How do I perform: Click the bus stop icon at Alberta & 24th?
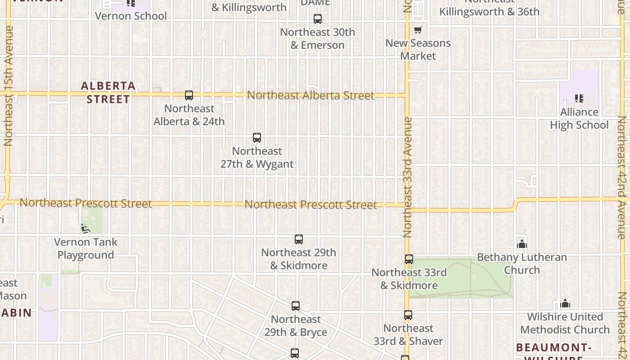pos(189,95)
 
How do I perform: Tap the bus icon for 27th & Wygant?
pos(257,138)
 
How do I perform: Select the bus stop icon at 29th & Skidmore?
pos(299,239)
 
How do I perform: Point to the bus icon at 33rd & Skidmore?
pos(409,259)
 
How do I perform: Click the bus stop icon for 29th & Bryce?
pos(296,306)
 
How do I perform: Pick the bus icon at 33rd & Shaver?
pos(408,315)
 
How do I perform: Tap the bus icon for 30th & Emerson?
pos(318,19)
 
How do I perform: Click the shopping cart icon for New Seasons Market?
pos(418,30)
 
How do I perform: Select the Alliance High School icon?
pos(579,98)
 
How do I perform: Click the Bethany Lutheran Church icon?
pos(522,244)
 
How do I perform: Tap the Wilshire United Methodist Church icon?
pos(565,304)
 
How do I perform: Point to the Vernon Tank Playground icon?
pos(85,229)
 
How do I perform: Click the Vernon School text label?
pos(131,16)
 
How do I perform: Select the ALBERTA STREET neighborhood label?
pos(108,92)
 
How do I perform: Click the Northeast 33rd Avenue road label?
pos(408,177)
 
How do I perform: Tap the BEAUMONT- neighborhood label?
pos(553,347)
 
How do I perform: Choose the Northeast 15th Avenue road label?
pos(9,85)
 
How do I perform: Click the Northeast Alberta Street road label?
pos(310,95)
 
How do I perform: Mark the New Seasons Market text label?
pos(418,49)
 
